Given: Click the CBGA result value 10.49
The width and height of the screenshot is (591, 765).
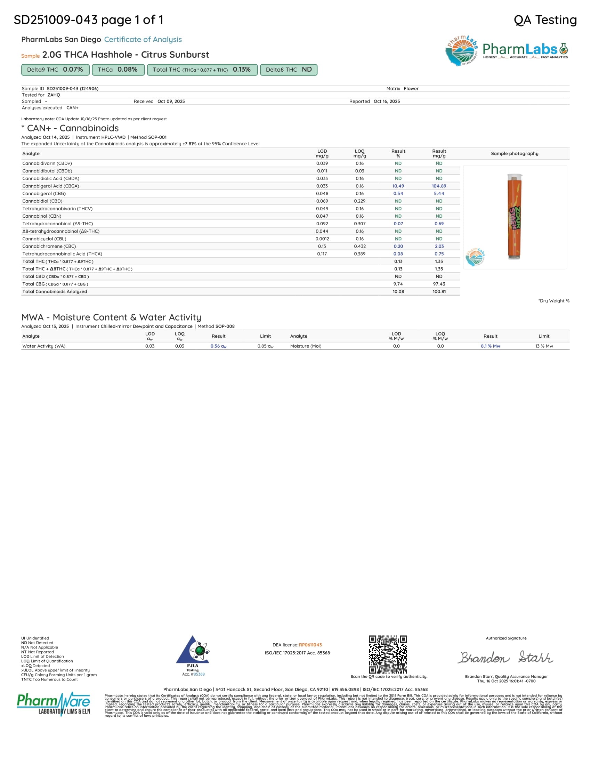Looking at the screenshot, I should coord(398,186).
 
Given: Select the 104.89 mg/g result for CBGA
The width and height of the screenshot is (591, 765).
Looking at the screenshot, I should coord(439,186).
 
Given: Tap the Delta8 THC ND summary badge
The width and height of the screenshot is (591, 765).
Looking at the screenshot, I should coord(289,70).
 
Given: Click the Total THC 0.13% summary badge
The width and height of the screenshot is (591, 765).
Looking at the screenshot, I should coord(202,70).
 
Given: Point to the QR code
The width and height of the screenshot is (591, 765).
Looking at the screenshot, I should coord(388,654).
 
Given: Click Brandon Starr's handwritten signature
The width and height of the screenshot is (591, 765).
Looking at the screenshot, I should coord(506,658).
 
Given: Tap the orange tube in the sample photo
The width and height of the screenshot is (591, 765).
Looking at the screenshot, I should coord(514,217).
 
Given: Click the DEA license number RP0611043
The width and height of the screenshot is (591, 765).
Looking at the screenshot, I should coord(310,645).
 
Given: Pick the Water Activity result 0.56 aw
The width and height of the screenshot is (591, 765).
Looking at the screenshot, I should coord(218,346).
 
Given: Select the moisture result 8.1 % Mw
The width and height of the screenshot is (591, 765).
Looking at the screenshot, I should coord(490,346).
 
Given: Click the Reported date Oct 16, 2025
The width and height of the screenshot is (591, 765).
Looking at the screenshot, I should coord(387,101).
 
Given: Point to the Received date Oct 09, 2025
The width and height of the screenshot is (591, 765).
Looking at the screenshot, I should coord(171,101).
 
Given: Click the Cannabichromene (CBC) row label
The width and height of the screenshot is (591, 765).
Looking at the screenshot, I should coord(49,246).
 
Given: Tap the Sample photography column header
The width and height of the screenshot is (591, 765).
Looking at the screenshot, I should coord(514,153).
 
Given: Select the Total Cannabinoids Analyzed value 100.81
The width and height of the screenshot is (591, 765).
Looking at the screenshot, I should coord(439,291).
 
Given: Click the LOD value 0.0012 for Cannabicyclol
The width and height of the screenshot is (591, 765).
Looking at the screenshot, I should coord(322,239).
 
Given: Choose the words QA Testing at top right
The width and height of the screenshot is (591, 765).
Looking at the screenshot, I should coord(545,20).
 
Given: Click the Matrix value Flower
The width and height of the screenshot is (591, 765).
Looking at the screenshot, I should coord(411,89).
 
